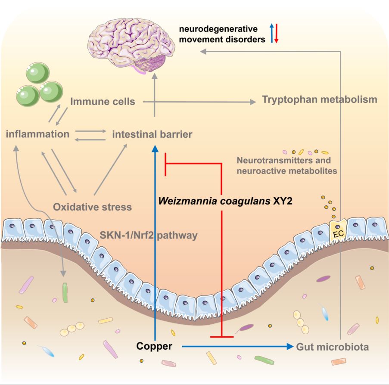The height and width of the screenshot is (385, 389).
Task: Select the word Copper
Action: [x=154, y=346]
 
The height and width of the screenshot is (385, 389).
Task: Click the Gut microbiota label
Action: [x=332, y=346]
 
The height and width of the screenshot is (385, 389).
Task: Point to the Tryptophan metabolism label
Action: [x=319, y=100]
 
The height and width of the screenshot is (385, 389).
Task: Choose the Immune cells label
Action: [x=103, y=102]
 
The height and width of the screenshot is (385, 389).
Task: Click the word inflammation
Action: [x=38, y=134]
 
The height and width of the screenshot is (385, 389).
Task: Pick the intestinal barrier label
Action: [x=152, y=134]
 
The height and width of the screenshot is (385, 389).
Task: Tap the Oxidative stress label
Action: [x=92, y=207]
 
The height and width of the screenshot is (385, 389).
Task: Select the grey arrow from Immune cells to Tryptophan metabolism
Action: [x=198, y=102]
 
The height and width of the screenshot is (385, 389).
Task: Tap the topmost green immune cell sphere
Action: [x=38, y=71]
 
